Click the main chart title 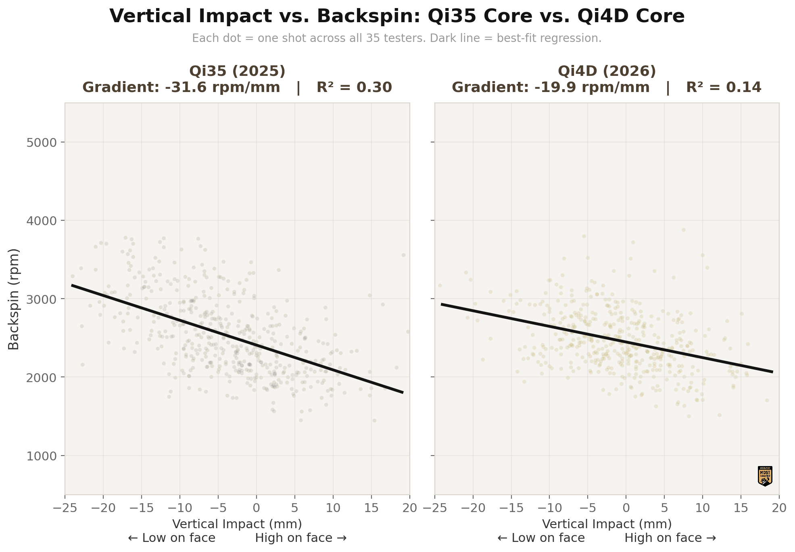[x=397, y=17]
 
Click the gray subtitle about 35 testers [x=397, y=38]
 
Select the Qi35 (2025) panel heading [x=237, y=71]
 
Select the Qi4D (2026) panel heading [x=607, y=71]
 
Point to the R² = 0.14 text [x=724, y=88]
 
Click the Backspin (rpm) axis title [x=14, y=299]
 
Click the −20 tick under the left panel [x=103, y=508]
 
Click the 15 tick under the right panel [x=741, y=508]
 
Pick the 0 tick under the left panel [x=257, y=508]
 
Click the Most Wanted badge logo [x=765, y=476]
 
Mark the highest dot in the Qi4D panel [x=683, y=230]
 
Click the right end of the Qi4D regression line [x=772, y=372]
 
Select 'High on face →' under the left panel [x=301, y=538]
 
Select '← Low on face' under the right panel [x=541, y=538]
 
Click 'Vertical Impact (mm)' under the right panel [x=607, y=524]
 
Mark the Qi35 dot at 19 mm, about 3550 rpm [x=403, y=255]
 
